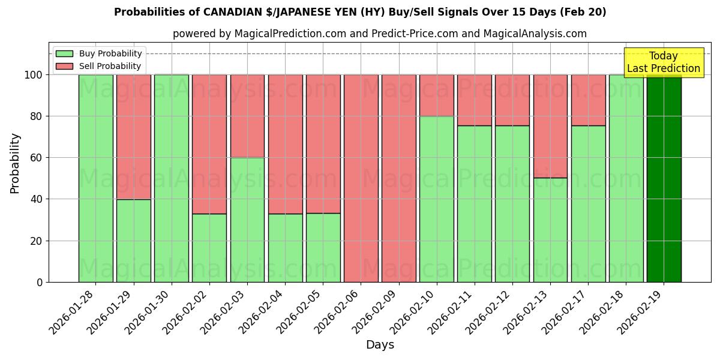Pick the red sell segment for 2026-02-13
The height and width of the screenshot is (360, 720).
[x=550, y=126]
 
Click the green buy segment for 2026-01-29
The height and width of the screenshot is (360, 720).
[x=133, y=241]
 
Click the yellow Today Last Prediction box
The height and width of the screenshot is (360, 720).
[x=663, y=62]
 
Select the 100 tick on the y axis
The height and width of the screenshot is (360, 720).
[x=34, y=75]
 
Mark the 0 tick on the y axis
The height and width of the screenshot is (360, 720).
[x=40, y=282]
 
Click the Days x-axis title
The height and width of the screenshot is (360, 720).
[x=380, y=345]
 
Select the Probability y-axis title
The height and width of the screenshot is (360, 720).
[x=15, y=163]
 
